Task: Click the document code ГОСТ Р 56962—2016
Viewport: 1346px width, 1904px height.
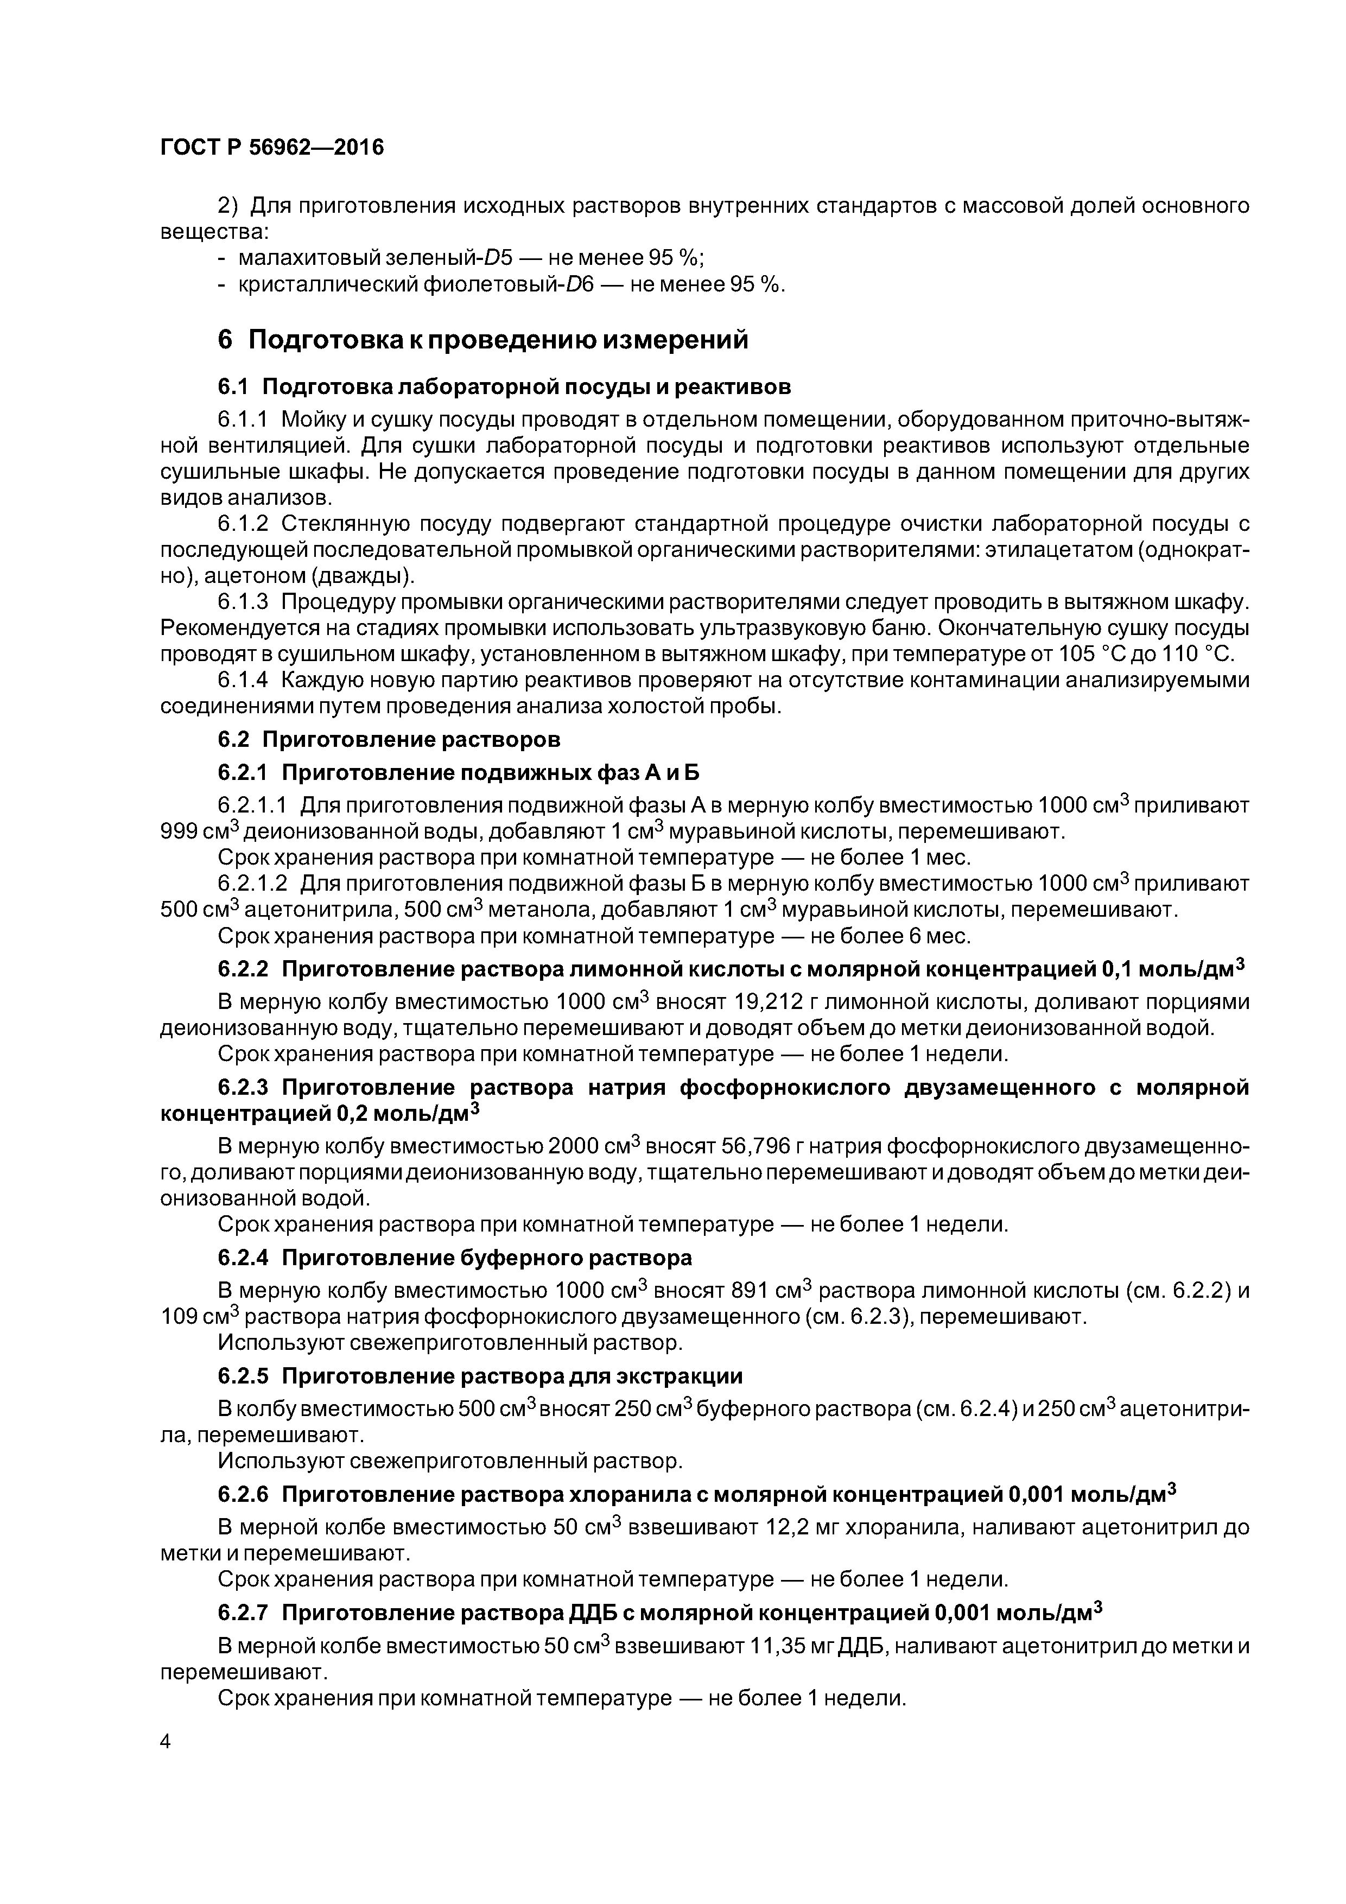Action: point(272,148)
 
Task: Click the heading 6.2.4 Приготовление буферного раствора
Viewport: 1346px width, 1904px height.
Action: point(454,1258)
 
